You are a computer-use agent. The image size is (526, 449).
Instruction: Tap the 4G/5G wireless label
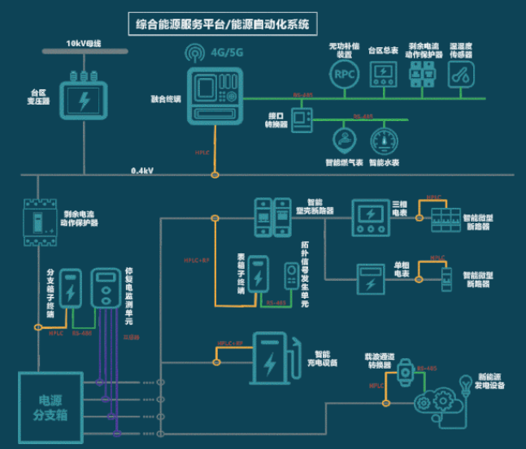click(x=224, y=54)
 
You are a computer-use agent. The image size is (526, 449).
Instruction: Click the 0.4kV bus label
click(x=144, y=171)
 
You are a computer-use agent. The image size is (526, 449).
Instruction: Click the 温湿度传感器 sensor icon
click(x=463, y=74)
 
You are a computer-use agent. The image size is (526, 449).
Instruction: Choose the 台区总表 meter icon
click(x=383, y=75)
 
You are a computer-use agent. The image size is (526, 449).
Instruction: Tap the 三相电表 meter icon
click(x=370, y=216)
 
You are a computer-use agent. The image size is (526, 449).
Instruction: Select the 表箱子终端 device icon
click(x=259, y=276)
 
